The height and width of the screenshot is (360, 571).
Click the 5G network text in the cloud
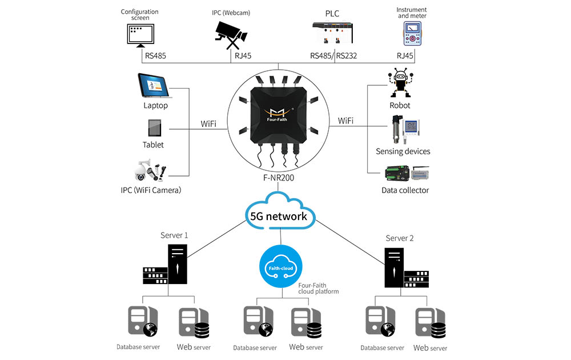(x=279, y=216)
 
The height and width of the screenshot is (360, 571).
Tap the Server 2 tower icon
(x=394, y=267)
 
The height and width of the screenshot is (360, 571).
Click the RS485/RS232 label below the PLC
(x=333, y=56)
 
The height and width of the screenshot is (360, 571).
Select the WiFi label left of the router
(x=208, y=123)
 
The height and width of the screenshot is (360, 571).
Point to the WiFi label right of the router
(x=345, y=121)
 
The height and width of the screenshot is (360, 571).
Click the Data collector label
(x=405, y=190)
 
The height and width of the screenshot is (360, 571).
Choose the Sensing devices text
(x=403, y=151)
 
